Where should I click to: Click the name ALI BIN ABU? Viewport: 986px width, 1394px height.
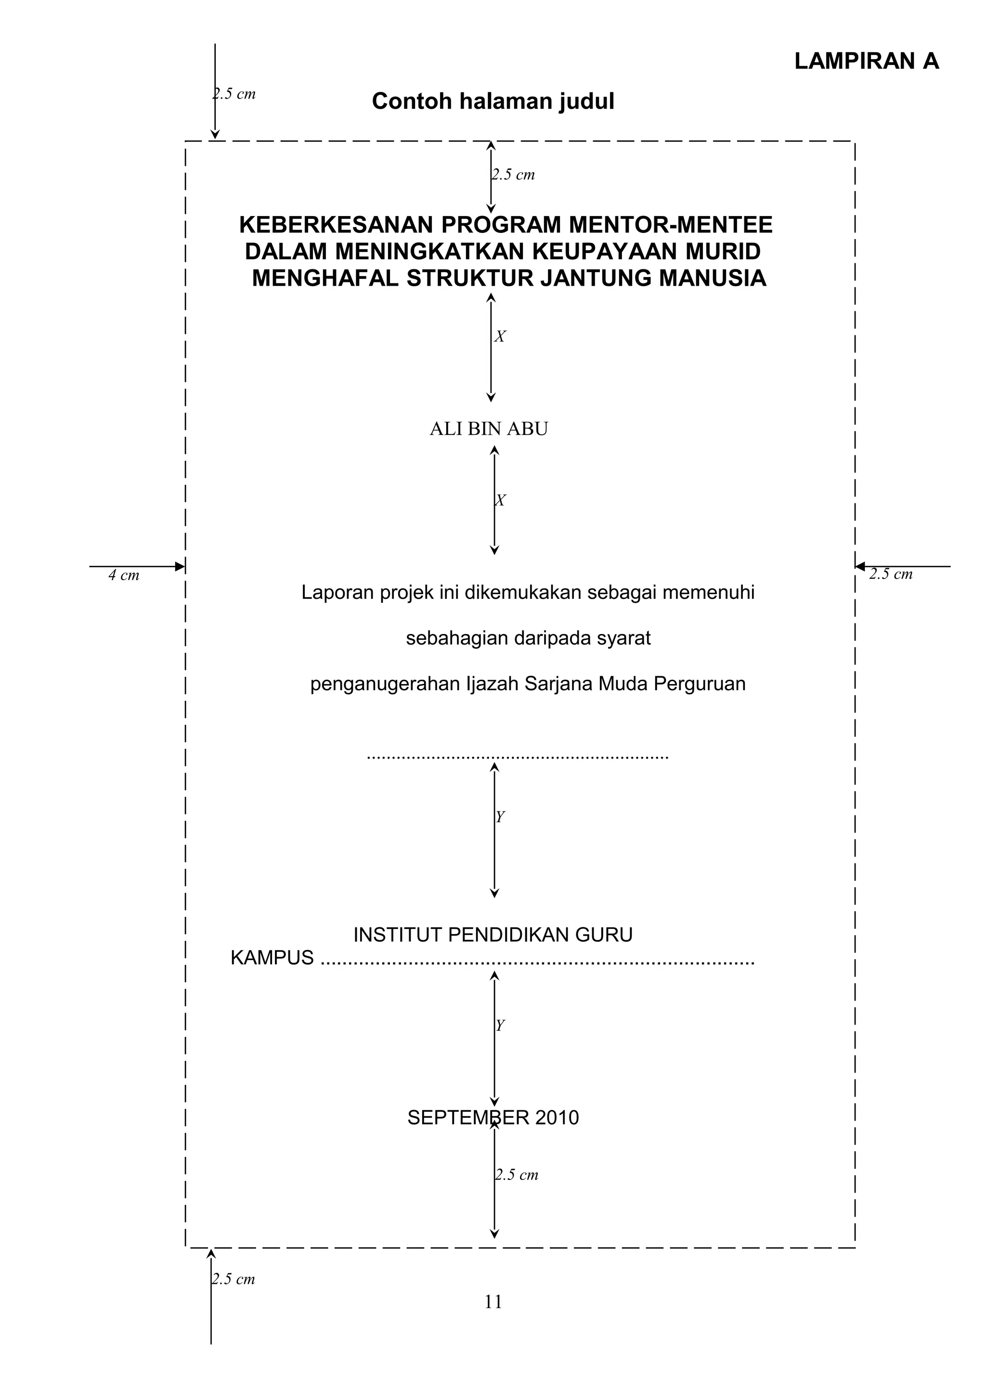pyautogui.click(x=489, y=429)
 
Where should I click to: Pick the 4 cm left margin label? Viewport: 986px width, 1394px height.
pyautogui.click(x=124, y=576)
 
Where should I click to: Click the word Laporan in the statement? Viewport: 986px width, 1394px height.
pyautogui.click(x=337, y=593)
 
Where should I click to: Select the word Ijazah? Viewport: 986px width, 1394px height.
pyautogui.click(x=492, y=684)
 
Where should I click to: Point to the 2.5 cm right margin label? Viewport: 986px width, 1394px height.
pyautogui.click(x=891, y=574)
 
